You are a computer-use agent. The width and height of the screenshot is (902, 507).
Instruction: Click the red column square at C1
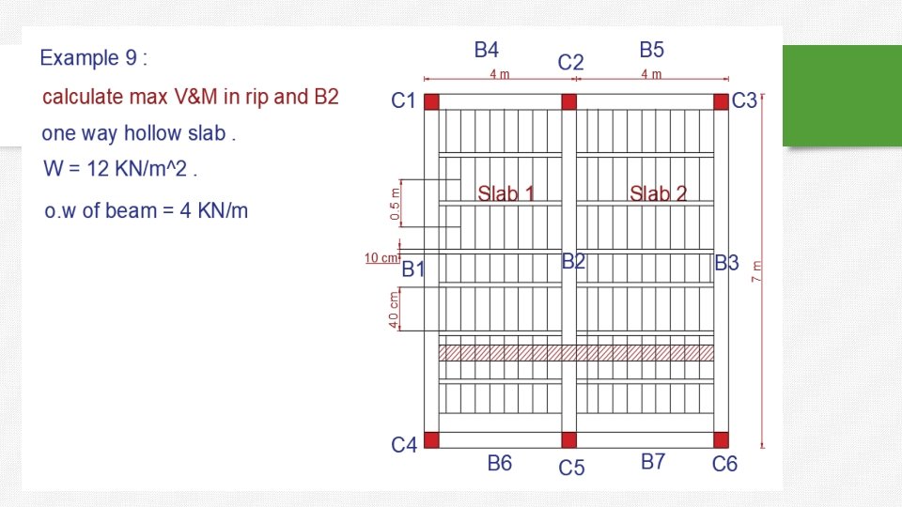click(431, 101)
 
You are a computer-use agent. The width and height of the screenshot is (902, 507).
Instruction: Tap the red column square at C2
click(568, 101)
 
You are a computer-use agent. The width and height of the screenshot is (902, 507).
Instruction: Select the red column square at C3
click(721, 101)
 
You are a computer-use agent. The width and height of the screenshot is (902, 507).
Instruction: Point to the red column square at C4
click(431, 439)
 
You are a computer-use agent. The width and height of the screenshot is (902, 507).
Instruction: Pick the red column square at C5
click(568, 439)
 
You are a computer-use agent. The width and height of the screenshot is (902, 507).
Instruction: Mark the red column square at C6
click(721, 439)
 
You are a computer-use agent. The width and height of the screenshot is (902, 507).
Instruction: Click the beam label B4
click(487, 50)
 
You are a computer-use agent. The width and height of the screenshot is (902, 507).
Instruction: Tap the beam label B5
click(652, 50)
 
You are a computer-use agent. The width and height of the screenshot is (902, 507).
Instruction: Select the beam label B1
click(413, 269)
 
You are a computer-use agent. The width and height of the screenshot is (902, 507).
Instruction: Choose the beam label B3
click(727, 263)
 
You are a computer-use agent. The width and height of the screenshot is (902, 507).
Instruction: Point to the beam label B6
click(499, 463)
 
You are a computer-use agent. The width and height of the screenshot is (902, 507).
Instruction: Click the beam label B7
click(653, 462)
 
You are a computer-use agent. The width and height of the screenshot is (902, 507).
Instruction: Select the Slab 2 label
click(658, 194)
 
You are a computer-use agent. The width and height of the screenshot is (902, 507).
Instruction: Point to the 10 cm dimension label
click(382, 257)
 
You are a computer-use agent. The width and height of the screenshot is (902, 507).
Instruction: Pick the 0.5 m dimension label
click(395, 203)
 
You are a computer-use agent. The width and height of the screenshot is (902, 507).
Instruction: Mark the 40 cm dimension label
click(395, 310)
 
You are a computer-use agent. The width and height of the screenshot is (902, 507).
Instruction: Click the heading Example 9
click(93, 58)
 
